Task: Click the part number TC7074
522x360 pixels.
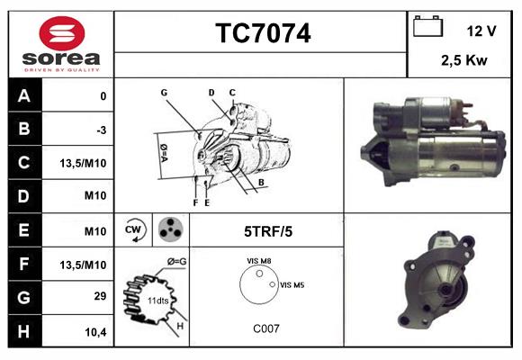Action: (x=263, y=34)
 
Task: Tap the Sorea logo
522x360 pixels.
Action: (x=60, y=45)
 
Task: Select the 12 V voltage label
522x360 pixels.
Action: (x=481, y=31)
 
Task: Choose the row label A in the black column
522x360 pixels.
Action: (x=25, y=96)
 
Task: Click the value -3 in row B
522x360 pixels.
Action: (x=102, y=130)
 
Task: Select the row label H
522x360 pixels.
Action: (x=25, y=332)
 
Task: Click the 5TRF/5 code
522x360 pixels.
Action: (x=268, y=231)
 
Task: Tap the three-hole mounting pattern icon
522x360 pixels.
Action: (x=168, y=230)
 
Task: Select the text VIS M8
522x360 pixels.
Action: (x=259, y=262)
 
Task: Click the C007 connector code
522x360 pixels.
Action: (x=265, y=328)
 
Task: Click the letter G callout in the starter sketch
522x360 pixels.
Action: (x=165, y=93)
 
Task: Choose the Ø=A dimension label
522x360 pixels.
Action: (x=164, y=152)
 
